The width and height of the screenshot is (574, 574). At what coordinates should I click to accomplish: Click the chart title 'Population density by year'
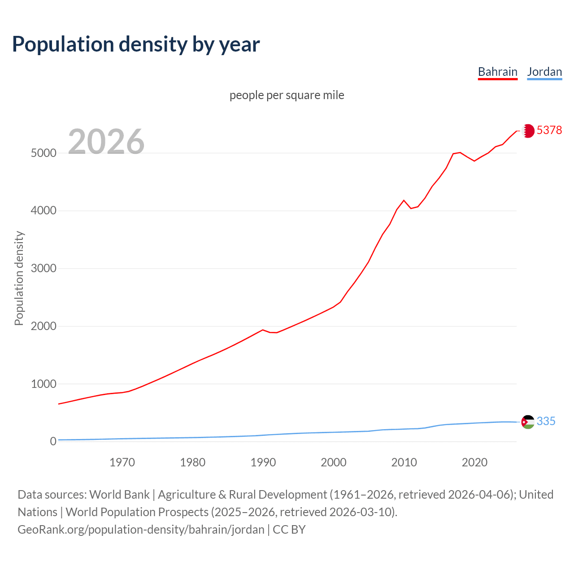pyautogui.click(x=136, y=44)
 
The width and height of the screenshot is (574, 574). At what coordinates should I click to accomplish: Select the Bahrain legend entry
pyautogui.click(x=497, y=72)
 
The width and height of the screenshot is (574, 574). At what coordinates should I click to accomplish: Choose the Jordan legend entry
pyautogui.click(x=544, y=72)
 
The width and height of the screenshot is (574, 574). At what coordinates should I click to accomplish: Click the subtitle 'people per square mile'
pyautogui.click(x=287, y=95)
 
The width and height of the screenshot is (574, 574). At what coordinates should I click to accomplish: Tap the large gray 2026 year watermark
pyautogui.click(x=106, y=142)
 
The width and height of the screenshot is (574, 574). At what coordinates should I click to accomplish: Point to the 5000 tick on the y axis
pyautogui.click(x=43, y=153)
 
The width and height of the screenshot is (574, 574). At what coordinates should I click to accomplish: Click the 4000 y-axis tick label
pyautogui.click(x=43, y=211)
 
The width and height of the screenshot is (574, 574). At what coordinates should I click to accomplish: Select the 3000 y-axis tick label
pyautogui.click(x=43, y=269)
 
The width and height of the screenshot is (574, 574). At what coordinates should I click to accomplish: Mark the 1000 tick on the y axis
pyautogui.click(x=43, y=384)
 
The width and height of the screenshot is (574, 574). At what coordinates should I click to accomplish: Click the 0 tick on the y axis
pyautogui.click(x=53, y=442)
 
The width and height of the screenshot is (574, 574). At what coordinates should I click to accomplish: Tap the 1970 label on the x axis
pyautogui.click(x=122, y=462)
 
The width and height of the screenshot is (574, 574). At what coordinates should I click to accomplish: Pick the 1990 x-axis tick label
pyautogui.click(x=263, y=462)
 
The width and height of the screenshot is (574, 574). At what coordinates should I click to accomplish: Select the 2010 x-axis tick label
pyautogui.click(x=404, y=462)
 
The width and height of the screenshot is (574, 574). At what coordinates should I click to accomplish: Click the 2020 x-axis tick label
pyautogui.click(x=474, y=462)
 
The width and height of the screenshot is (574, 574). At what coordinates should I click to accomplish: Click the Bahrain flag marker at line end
pyautogui.click(x=528, y=130)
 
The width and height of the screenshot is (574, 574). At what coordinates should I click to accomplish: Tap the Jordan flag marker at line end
pyautogui.click(x=528, y=422)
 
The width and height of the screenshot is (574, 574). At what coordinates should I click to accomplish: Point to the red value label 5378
pyautogui.click(x=549, y=130)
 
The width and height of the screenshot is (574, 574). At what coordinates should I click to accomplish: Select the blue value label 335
pyautogui.click(x=546, y=421)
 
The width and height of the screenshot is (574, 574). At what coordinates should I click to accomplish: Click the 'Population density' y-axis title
pyautogui.click(x=19, y=278)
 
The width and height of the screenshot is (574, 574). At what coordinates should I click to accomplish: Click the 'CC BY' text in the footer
pyautogui.click(x=289, y=530)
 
